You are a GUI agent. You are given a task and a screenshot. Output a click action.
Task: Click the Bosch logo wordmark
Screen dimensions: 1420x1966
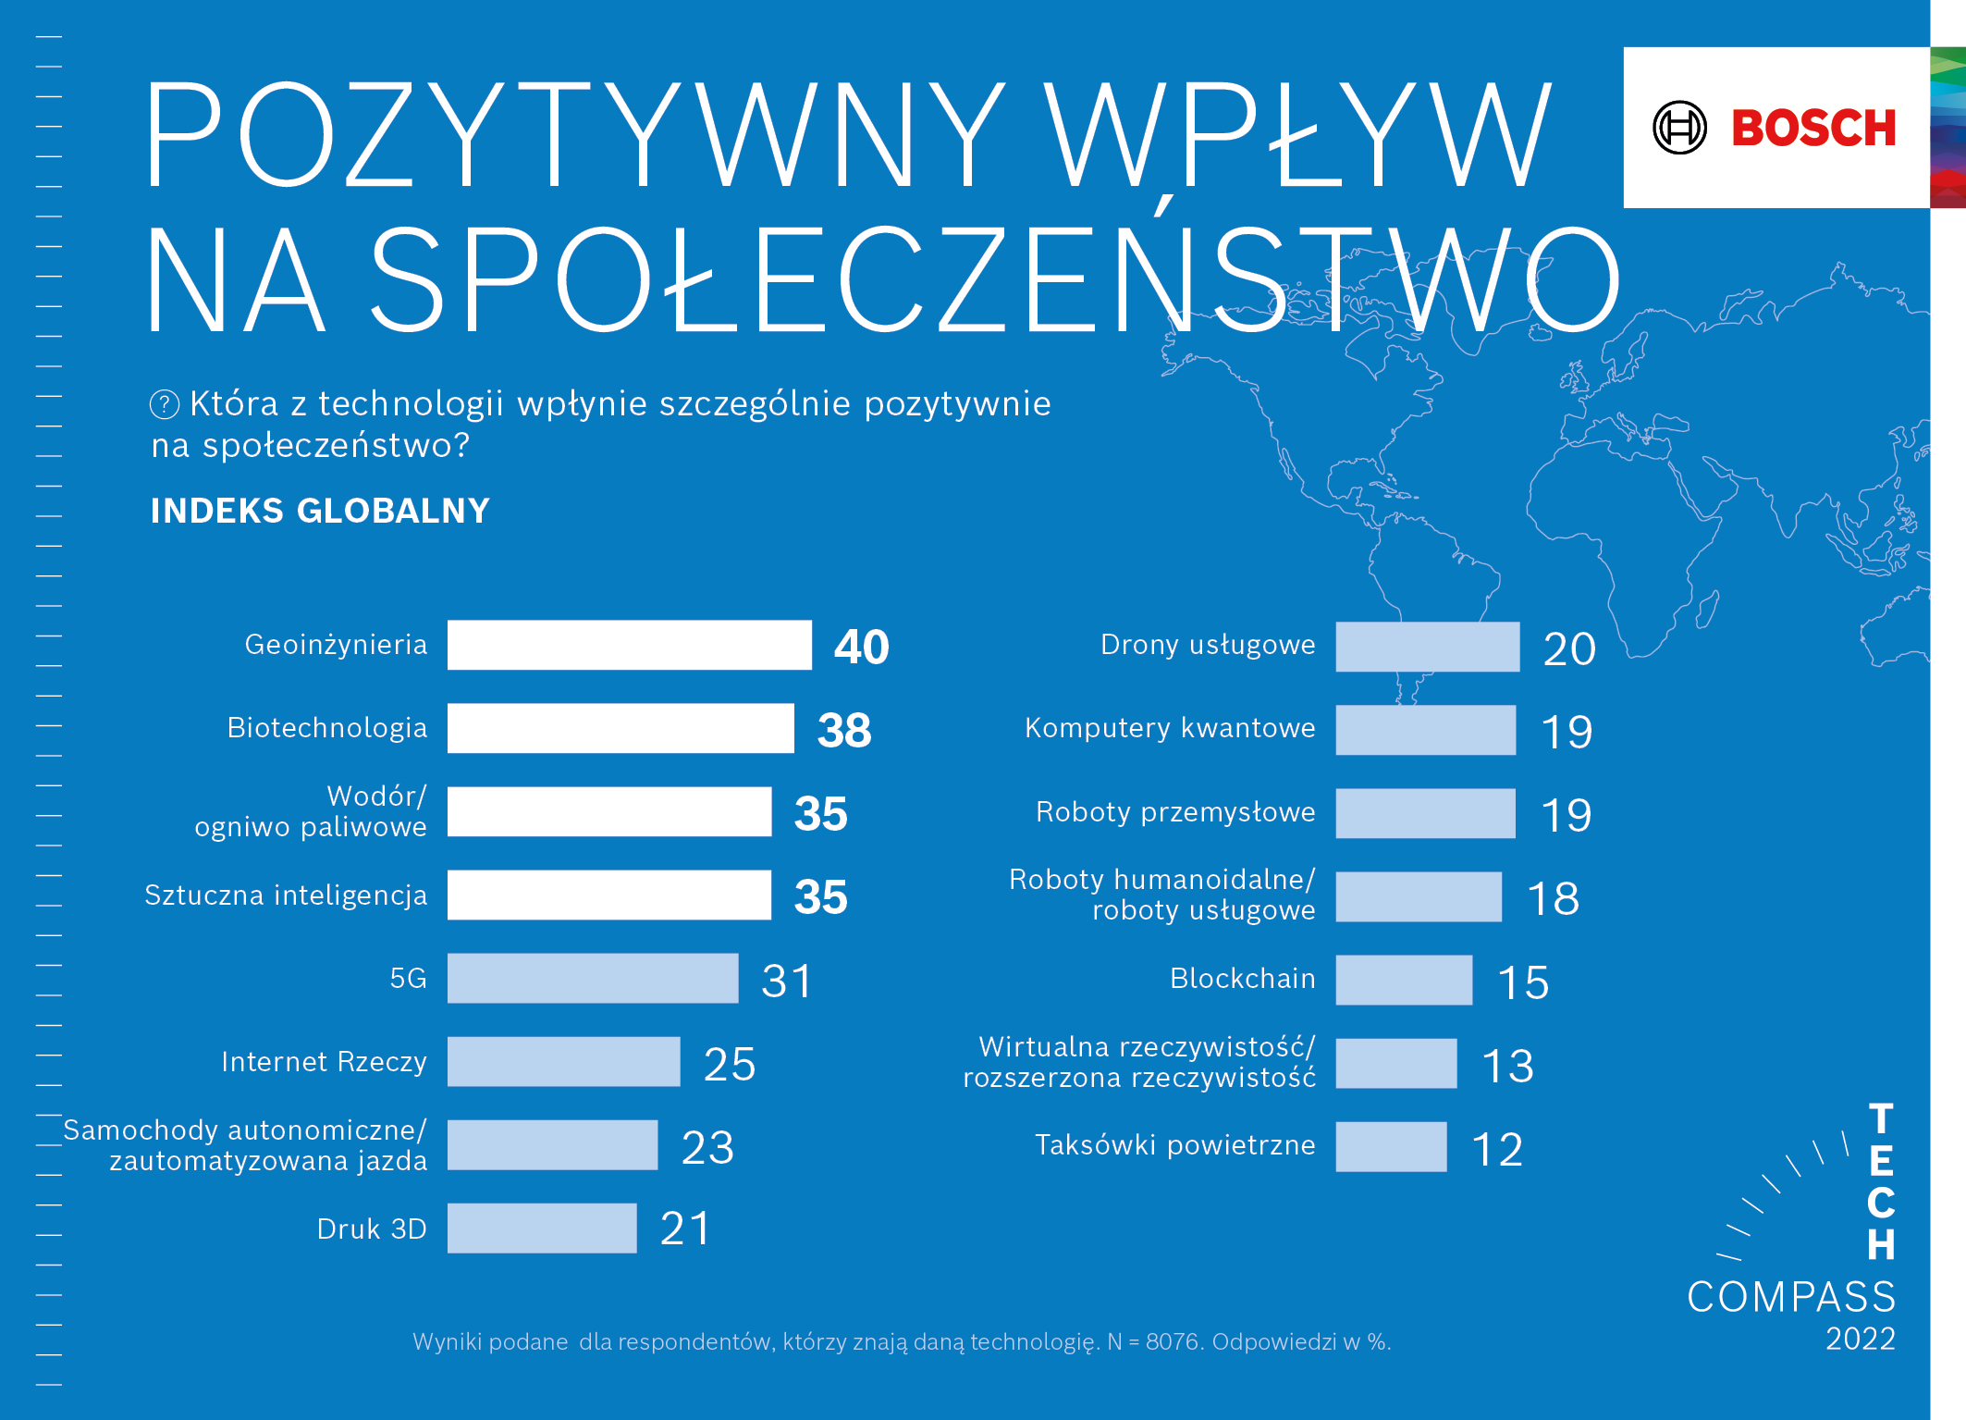pos(1812,128)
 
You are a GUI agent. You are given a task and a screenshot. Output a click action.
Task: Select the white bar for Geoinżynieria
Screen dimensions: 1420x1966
pos(629,645)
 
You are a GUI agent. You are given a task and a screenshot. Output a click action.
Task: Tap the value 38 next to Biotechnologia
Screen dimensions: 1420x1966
pos(843,730)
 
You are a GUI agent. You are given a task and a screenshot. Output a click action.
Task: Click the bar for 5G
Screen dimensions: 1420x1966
pos(592,978)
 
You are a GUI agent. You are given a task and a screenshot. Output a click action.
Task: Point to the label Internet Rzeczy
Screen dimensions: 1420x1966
pos(324,1062)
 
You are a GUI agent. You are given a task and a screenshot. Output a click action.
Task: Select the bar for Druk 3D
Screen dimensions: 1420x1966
pos(542,1229)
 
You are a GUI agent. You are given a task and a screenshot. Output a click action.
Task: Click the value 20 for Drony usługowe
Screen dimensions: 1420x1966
pos(1569,648)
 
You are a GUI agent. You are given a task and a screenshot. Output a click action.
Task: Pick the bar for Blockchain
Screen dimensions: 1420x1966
pos(1404,980)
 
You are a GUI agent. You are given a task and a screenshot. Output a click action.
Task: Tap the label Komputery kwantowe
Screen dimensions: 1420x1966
pos(1170,728)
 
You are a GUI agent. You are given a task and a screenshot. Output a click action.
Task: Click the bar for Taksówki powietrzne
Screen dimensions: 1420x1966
pos(1391,1146)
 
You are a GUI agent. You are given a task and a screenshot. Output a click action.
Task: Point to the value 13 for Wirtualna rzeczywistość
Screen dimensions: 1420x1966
pos(1507,1066)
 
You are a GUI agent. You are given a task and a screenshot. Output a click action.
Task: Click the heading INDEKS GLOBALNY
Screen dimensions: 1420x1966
pos(320,511)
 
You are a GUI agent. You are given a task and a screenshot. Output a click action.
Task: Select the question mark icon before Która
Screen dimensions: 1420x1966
pos(165,404)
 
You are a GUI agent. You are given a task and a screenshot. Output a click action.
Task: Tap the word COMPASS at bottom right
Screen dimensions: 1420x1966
pos(1790,1297)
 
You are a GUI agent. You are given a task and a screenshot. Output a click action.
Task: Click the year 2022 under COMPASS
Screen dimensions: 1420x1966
pos(1860,1339)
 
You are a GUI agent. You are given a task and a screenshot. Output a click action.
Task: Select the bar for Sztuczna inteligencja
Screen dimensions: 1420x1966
pos(608,895)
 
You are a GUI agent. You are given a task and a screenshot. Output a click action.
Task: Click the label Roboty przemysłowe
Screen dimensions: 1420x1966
pos(1174,812)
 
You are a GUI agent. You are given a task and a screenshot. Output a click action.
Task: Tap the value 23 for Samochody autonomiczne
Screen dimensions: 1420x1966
pos(707,1147)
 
